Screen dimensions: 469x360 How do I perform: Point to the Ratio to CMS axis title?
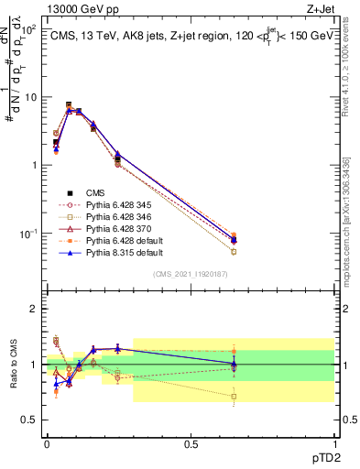(13, 365)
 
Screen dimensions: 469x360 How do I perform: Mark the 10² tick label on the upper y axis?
(29, 29)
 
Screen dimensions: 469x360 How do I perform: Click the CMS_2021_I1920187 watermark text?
(190, 273)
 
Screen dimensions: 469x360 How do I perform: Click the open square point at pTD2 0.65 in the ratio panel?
(234, 397)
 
